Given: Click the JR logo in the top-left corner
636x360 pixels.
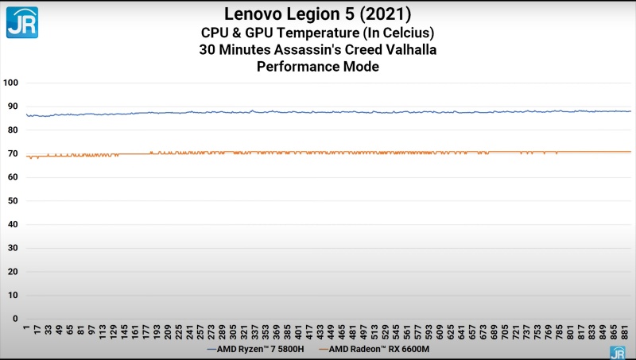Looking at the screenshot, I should coord(22,22).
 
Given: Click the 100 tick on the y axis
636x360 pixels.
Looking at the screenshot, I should coord(10,83).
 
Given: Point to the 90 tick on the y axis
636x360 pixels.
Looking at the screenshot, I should coord(12,106).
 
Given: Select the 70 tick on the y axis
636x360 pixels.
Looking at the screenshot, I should coord(12,153).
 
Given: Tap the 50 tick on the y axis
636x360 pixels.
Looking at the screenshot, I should coord(12,201).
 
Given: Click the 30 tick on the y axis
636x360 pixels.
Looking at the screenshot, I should coord(12,248).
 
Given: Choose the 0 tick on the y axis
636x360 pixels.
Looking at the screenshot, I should coord(14,319).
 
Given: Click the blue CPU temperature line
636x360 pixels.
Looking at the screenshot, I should coord(318,112).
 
